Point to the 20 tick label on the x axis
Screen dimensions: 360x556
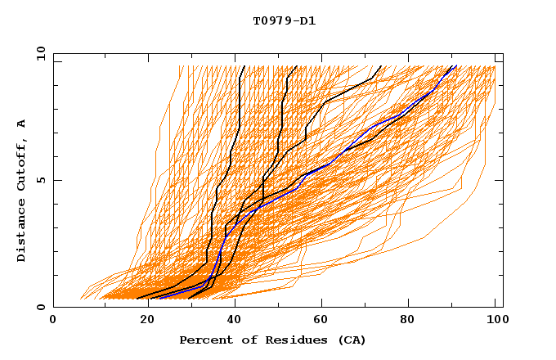[x=141, y=322]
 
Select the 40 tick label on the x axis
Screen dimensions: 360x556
[x=231, y=322]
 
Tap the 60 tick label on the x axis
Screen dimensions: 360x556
[x=319, y=322]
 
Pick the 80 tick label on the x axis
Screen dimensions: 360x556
[x=407, y=322]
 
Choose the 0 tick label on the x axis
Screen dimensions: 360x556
[x=53, y=322]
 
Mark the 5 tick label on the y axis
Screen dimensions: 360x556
[x=39, y=180]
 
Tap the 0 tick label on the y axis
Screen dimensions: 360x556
[x=39, y=307]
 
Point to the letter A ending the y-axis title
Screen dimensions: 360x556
[x=21, y=124]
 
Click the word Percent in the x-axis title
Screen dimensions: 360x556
[x=204, y=340]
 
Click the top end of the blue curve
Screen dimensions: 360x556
[x=455, y=65]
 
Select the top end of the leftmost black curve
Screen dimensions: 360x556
[x=244, y=65]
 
